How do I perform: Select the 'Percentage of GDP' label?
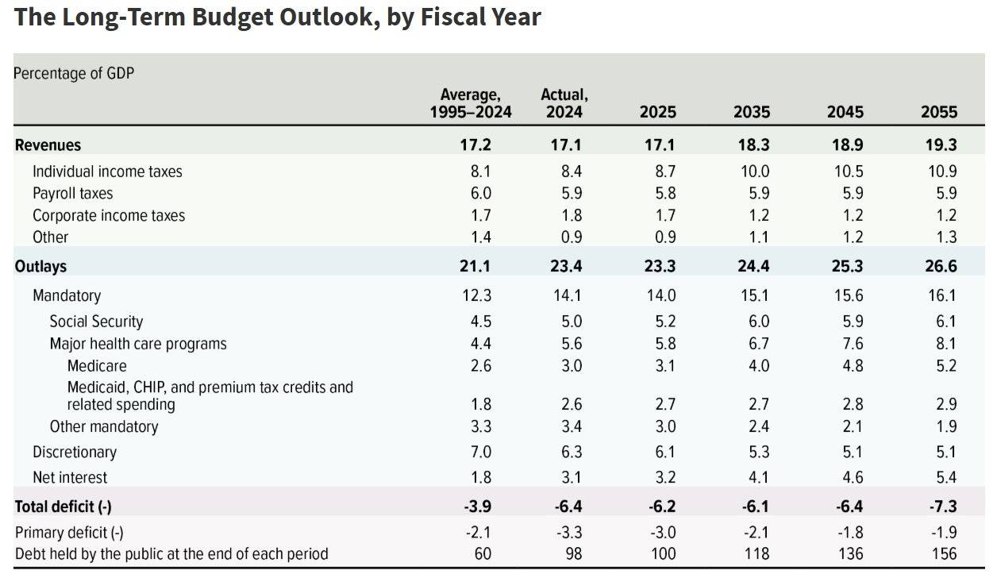coord(74,73)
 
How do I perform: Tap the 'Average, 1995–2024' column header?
coord(471,104)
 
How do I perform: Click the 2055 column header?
coord(939,112)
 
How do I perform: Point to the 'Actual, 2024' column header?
coord(564,104)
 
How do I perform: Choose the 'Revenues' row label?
coord(48,144)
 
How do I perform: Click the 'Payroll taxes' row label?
coord(72,193)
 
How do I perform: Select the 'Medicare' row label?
coord(97,366)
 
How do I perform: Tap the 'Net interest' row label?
coord(70,477)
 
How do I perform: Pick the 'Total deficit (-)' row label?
coord(68,506)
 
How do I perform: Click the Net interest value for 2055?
coord(946,477)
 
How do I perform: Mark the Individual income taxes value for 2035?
coord(753,171)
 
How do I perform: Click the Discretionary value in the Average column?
coord(481,452)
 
